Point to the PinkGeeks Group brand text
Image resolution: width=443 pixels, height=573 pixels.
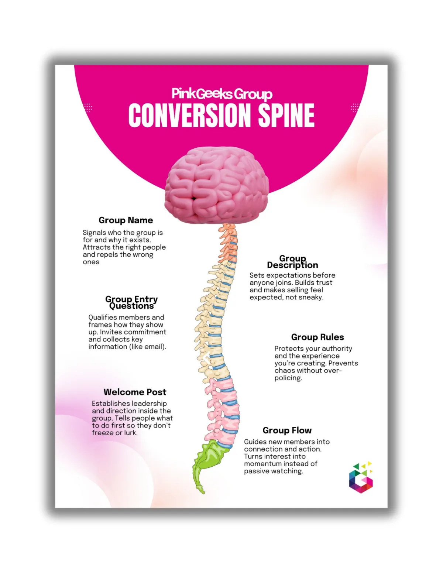[222, 94]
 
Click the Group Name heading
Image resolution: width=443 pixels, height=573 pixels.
[126, 220]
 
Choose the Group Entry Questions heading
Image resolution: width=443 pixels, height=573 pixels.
[131, 302]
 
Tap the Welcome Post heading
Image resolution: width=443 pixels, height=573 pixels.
[135, 392]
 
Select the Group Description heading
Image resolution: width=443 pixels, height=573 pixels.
[292, 262]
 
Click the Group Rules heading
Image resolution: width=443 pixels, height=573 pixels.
[317, 337]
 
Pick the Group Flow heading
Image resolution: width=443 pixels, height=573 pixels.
[287, 430]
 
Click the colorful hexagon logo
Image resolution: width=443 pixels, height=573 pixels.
[361, 478]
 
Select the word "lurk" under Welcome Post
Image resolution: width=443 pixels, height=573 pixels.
[130, 433]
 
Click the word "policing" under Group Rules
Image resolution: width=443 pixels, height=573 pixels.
[288, 378]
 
